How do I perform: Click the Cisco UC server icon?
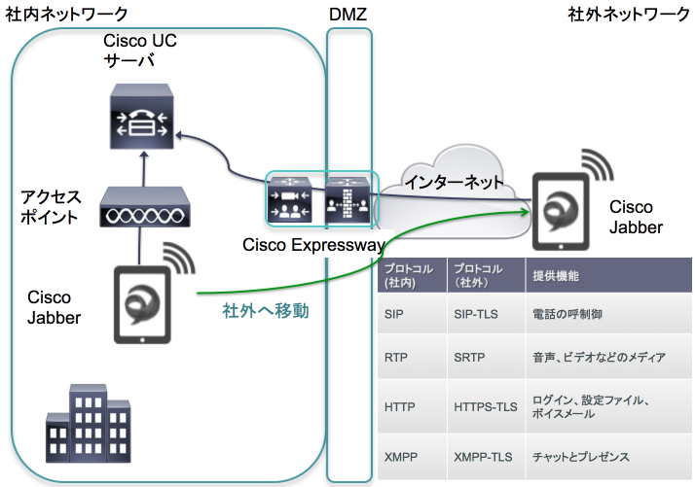[143, 122]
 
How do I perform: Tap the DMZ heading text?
[347, 15]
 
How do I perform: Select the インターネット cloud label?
[455, 183]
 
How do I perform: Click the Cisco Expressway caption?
[313, 245]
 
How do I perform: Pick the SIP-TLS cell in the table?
[478, 315]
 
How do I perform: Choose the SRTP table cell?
[472, 357]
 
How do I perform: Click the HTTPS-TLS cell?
[485, 405]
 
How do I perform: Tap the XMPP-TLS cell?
[483, 456]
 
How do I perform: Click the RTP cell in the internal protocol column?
[396, 357]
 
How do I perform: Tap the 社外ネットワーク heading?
[628, 15]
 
